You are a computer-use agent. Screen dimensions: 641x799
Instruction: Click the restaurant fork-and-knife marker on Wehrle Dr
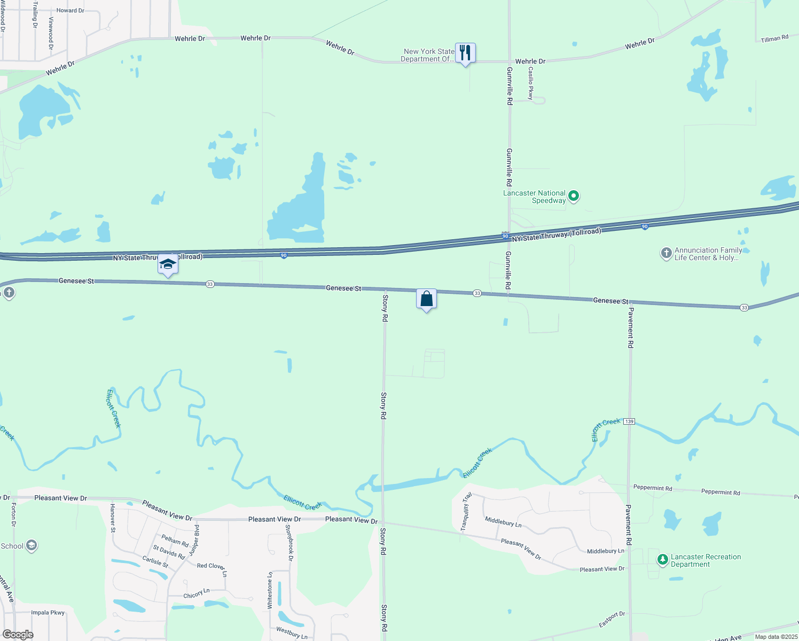[x=465, y=53]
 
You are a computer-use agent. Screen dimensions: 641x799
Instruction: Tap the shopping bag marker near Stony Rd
[x=426, y=299]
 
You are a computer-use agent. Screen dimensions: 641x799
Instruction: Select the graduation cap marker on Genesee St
[x=168, y=264]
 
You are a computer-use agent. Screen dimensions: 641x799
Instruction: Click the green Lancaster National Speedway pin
[x=574, y=196]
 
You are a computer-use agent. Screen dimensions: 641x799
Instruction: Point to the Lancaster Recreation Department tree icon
[x=663, y=560]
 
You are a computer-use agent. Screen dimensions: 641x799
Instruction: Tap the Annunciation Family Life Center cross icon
[x=666, y=253]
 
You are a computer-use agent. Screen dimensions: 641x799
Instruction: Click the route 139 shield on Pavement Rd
[x=629, y=421]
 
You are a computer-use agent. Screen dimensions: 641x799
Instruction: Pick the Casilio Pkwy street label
[x=530, y=83]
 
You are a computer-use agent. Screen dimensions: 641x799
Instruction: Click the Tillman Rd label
[x=774, y=38]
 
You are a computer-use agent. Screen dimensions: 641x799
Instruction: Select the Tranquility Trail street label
[x=466, y=511]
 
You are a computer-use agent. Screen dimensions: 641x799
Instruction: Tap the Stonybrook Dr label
[x=289, y=543]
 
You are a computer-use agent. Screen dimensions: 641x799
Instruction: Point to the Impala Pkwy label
[x=48, y=613]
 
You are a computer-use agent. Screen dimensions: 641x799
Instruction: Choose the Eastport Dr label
[x=612, y=620]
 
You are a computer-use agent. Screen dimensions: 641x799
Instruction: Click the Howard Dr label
[x=70, y=10]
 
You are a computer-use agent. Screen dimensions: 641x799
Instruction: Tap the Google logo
[x=18, y=635]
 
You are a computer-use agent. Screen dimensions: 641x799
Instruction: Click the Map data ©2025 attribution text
[x=776, y=637]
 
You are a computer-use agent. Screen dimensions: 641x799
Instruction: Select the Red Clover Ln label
[x=211, y=568]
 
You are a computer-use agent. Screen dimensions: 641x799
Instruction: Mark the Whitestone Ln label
[x=270, y=590]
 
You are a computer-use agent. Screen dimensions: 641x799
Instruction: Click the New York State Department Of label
[x=428, y=56]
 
